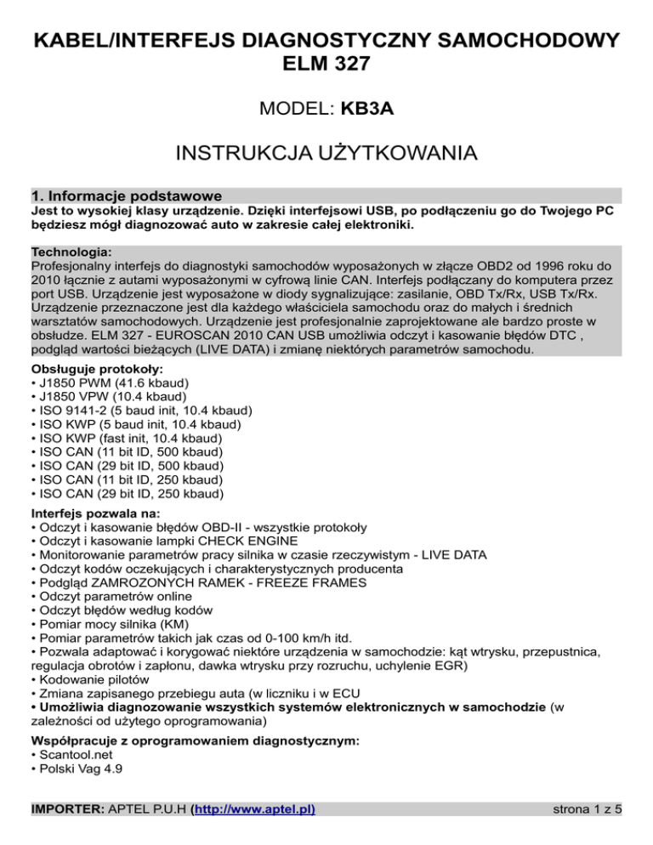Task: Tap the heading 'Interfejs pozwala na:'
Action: coord(93,513)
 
